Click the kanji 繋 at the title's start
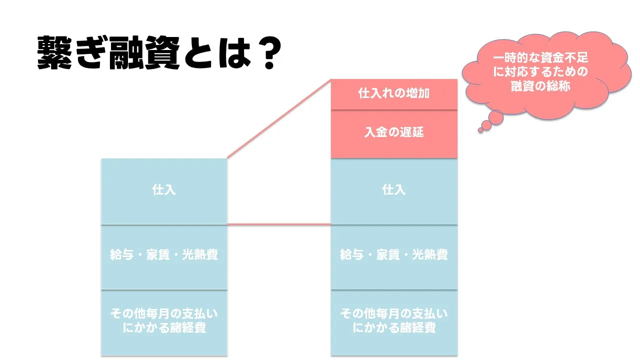click(54, 52)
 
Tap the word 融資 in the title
click(145, 52)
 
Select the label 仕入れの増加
click(393, 93)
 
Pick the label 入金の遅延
click(393, 132)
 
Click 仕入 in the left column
click(163, 190)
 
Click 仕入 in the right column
click(393, 190)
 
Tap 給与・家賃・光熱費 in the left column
click(163, 254)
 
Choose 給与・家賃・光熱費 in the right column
click(393, 254)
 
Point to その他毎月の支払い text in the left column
click(163, 313)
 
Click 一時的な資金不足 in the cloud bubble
click(540, 58)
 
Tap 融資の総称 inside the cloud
click(540, 86)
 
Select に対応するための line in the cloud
click(540, 71)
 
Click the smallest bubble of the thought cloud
click(480, 130)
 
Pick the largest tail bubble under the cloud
click(495, 117)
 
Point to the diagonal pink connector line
click(279, 118)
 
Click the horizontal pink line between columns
click(279, 224)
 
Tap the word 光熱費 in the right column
click(429, 254)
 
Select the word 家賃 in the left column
click(158, 254)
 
